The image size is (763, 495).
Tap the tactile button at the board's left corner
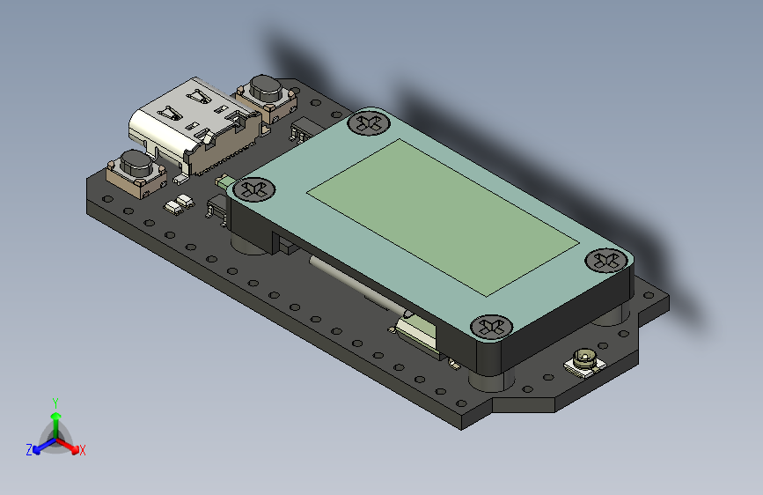point(135,167)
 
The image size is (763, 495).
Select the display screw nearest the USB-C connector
point(253,188)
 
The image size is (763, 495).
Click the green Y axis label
point(55,403)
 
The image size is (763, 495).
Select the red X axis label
point(83,451)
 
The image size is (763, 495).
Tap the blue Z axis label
point(29,450)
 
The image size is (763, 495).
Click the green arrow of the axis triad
point(55,418)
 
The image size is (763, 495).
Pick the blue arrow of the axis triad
point(40,446)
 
